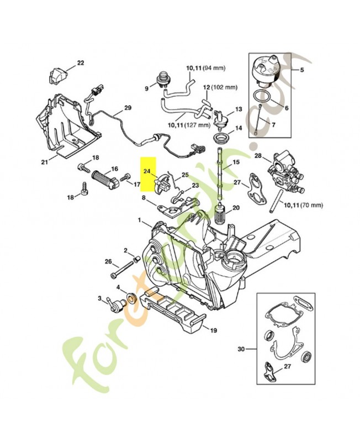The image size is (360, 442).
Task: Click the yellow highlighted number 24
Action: [x=147, y=172]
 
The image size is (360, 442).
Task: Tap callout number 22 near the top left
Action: [x=81, y=63]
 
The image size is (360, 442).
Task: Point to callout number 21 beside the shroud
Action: [x=45, y=162]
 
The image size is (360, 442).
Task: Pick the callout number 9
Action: [x=147, y=88]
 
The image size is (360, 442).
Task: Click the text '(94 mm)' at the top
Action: [x=214, y=68]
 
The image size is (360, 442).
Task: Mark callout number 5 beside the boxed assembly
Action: [x=302, y=70]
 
